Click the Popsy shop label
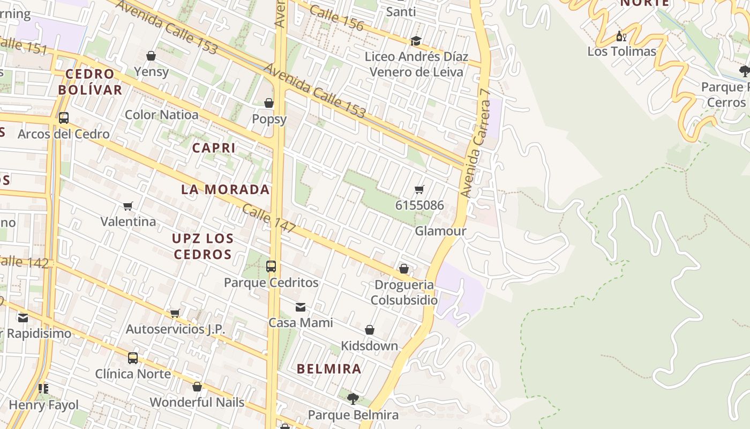coord(269,119)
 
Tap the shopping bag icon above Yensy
coord(151,56)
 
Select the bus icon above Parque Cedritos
coord(271,266)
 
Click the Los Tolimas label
coord(621,51)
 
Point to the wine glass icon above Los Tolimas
coord(621,36)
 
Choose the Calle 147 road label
coord(269,218)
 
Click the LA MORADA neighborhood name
coord(225,189)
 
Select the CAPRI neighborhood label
coord(214,148)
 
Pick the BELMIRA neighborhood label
coord(329,369)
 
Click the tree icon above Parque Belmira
coord(352,398)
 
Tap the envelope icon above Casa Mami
coord(301,307)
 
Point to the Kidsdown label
coord(370,346)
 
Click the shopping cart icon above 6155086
coord(419,189)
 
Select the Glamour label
coord(440,231)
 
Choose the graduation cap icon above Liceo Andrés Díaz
coord(416,41)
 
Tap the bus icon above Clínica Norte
coord(132,358)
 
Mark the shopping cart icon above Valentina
coord(128,206)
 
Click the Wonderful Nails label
coord(197,402)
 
